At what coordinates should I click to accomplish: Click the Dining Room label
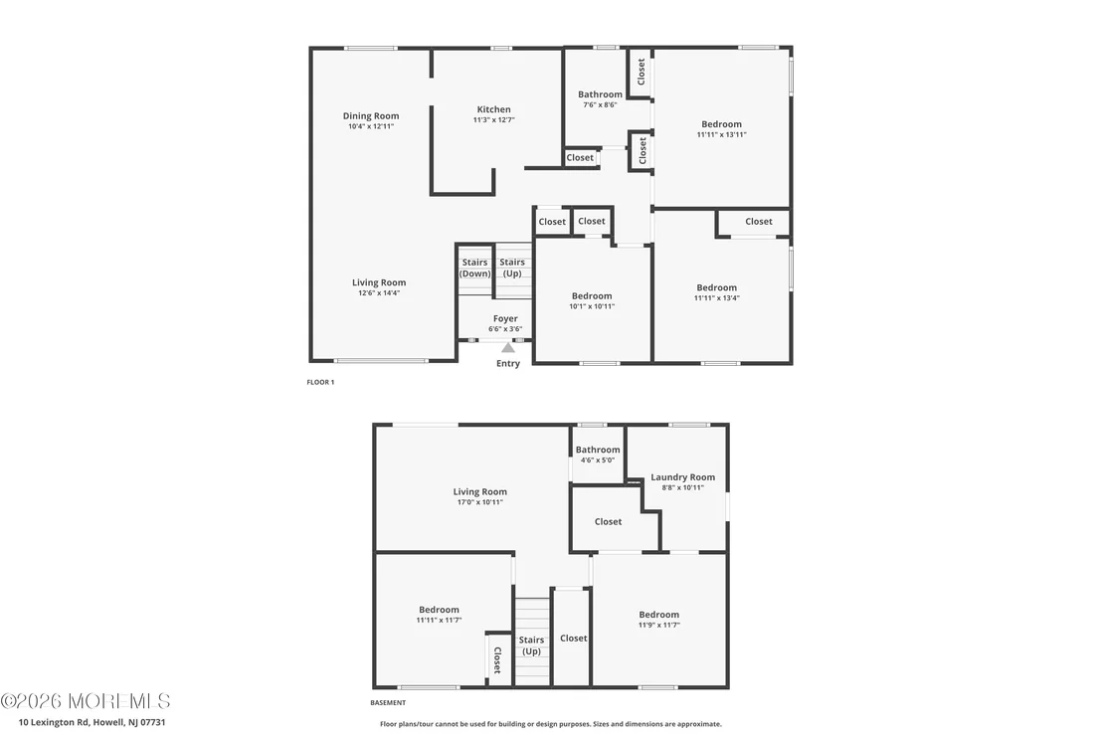(x=371, y=116)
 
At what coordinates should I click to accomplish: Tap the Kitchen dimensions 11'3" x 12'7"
(x=494, y=120)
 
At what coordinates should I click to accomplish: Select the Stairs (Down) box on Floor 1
(x=475, y=269)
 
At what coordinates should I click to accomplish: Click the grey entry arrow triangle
(x=508, y=347)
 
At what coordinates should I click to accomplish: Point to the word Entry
(x=508, y=363)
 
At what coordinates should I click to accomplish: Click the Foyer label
(x=505, y=318)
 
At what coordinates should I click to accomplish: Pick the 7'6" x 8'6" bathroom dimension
(x=600, y=104)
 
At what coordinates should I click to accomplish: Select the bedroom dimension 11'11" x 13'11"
(x=722, y=134)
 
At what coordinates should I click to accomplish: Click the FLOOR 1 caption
(x=320, y=382)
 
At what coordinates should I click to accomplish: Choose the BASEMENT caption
(x=388, y=703)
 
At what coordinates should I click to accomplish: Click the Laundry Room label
(x=682, y=477)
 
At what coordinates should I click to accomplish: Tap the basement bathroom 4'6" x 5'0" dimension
(x=598, y=460)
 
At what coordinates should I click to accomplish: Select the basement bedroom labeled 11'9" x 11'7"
(x=659, y=619)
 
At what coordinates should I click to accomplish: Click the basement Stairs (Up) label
(x=531, y=645)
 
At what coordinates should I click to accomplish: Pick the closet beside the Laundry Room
(x=608, y=521)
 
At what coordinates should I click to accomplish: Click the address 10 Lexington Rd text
(x=92, y=722)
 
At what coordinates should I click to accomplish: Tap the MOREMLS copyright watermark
(x=86, y=701)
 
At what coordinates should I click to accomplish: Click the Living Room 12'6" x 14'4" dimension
(x=379, y=293)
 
